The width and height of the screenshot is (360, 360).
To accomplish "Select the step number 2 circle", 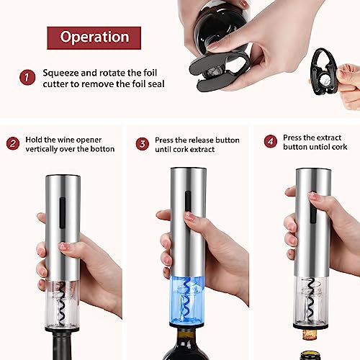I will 12,143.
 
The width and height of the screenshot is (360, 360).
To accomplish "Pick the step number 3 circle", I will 143,143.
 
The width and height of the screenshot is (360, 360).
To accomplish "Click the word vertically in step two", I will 48,150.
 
